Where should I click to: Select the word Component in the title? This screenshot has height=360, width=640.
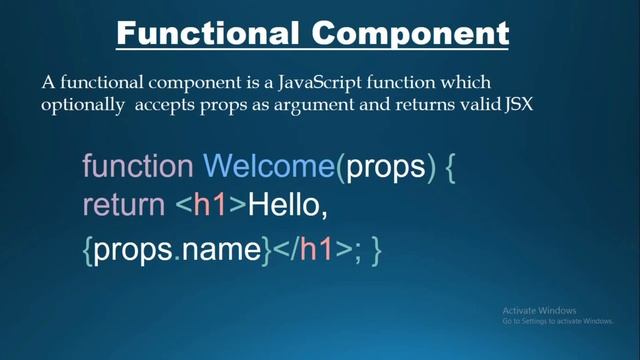click(410, 33)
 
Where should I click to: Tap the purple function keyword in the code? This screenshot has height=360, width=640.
click(137, 166)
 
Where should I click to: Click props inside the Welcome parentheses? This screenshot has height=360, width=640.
click(385, 167)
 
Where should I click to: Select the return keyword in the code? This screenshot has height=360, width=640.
click(122, 206)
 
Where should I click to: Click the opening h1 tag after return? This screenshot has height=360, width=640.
click(211, 206)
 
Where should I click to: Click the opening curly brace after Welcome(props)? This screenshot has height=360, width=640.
click(450, 167)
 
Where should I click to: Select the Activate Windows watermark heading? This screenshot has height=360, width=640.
click(540, 310)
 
